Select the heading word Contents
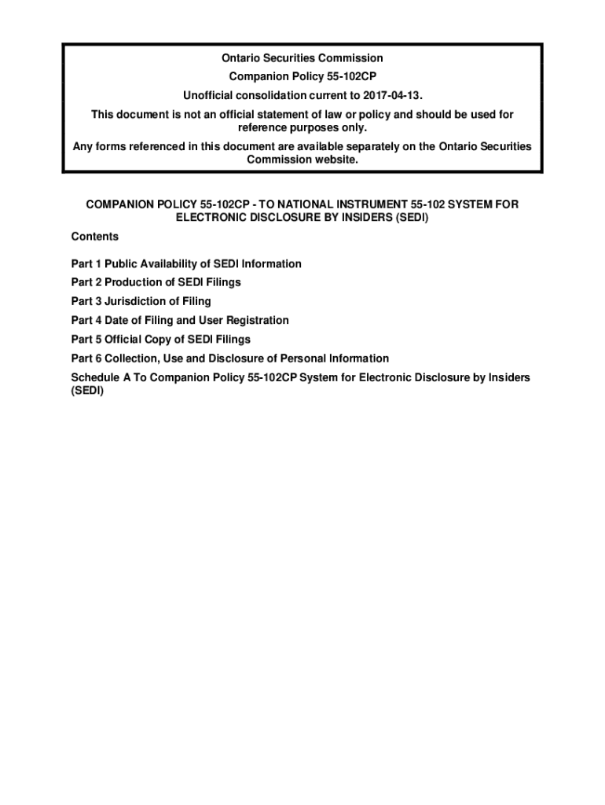pyautogui.click(x=94, y=237)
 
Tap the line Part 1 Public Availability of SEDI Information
pyautogui.click(x=186, y=264)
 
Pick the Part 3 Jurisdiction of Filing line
pyautogui.click(x=141, y=301)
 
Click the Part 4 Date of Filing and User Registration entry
pyautogui.click(x=180, y=321)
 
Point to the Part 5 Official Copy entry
pyautogui.click(x=160, y=340)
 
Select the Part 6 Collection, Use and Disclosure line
pyautogui.click(x=229, y=358)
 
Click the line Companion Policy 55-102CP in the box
pyautogui.click(x=302, y=77)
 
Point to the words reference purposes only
pyautogui.click(x=302, y=127)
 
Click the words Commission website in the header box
pyautogui.click(x=302, y=160)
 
